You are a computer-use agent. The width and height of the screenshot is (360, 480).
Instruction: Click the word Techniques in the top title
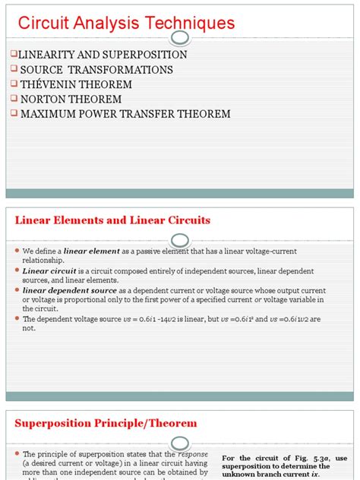point(188,24)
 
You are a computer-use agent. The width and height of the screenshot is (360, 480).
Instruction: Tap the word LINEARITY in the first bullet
point(47,55)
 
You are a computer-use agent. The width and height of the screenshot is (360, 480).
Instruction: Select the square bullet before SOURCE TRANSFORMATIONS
point(13,70)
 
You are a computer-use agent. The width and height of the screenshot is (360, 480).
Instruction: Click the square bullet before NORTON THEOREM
point(13,99)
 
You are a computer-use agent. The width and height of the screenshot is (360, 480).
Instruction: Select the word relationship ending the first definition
point(43,259)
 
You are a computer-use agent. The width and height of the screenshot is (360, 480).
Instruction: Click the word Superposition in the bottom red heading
point(57,423)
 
